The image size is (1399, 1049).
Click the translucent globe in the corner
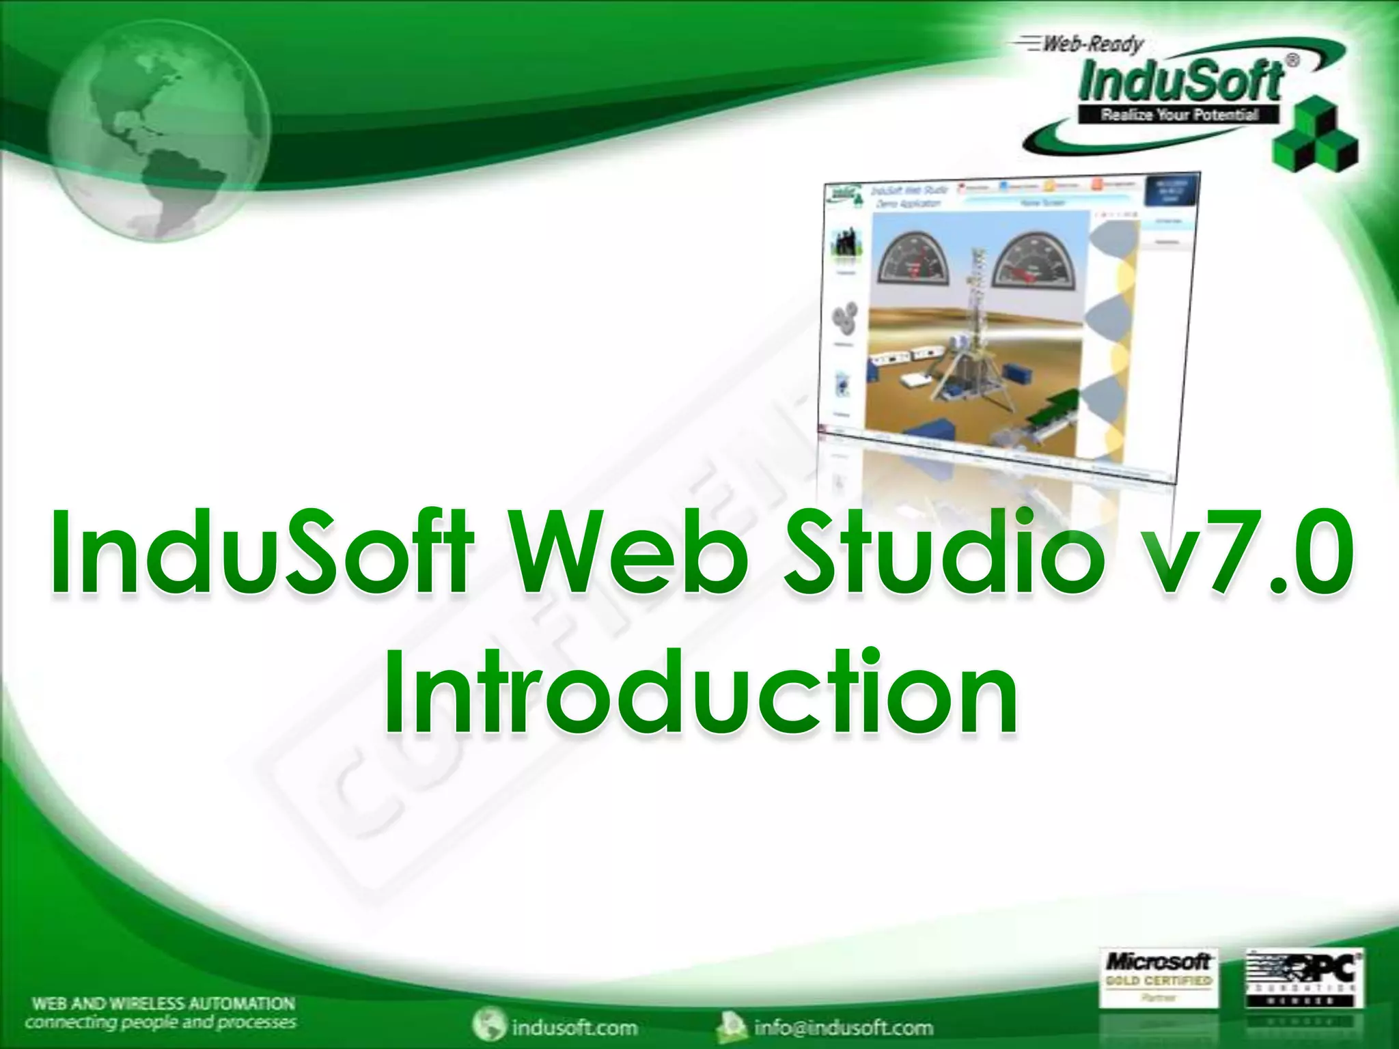[158, 130]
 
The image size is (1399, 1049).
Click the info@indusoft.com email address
[843, 1027]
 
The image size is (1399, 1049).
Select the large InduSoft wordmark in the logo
[1180, 81]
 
